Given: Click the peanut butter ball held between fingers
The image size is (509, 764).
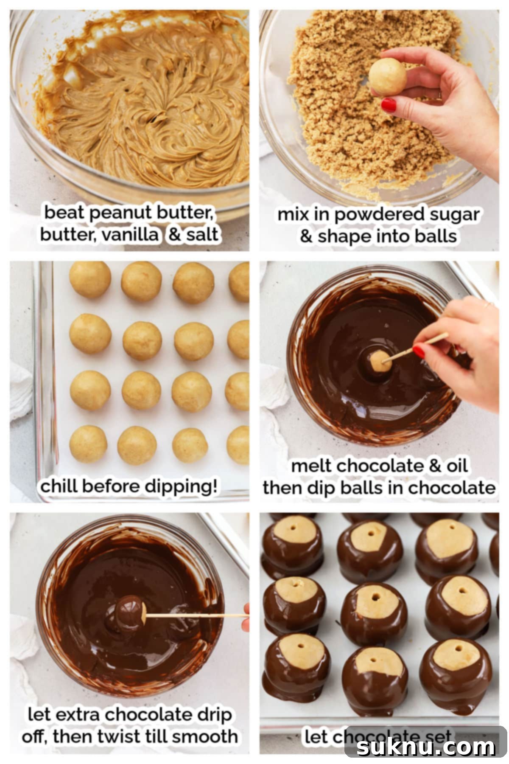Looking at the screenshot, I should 387,76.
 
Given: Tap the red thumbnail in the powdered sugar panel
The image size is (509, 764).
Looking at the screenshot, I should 388,105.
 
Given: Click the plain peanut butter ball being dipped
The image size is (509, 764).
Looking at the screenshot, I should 380,361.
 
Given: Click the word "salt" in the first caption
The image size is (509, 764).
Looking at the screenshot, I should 202,235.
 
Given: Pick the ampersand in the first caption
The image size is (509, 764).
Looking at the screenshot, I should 174,235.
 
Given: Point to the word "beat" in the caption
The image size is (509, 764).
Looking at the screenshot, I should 64,213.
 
